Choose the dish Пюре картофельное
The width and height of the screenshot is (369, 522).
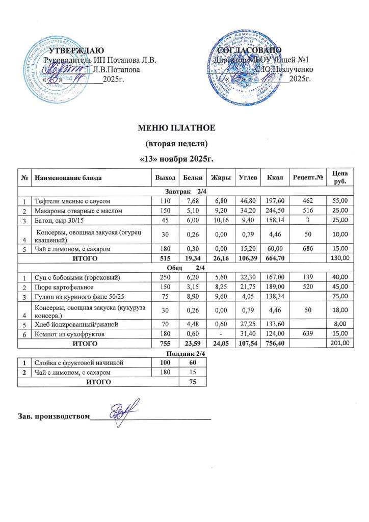click(x=64, y=288)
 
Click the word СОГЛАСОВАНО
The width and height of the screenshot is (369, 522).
click(x=247, y=50)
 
